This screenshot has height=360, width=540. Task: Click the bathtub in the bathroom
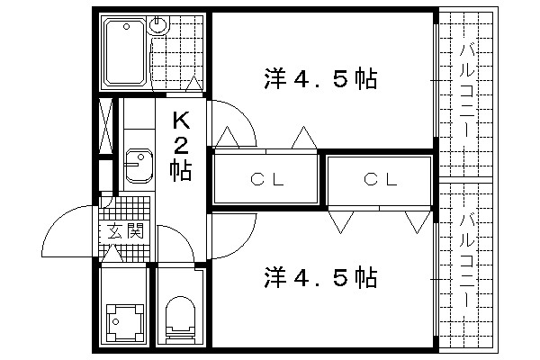(x=125, y=51)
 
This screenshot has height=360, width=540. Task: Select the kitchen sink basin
(x=139, y=166)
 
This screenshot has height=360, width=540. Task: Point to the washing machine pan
(x=125, y=322)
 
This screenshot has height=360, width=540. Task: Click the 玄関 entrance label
(x=125, y=230)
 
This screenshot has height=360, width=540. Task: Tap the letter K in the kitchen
(x=181, y=120)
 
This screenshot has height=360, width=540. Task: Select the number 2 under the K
(x=181, y=146)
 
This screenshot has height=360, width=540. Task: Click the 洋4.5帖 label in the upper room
(x=320, y=79)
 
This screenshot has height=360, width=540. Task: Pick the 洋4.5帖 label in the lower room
(x=320, y=277)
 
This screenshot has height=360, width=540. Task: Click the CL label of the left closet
(x=267, y=179)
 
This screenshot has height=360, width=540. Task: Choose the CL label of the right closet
(x=380, y=179)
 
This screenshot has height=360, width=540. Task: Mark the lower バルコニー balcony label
(x=467, y=260)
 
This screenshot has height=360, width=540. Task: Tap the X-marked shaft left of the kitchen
(x=105, y=126)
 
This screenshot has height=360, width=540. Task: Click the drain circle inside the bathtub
(x=126, y=26)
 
